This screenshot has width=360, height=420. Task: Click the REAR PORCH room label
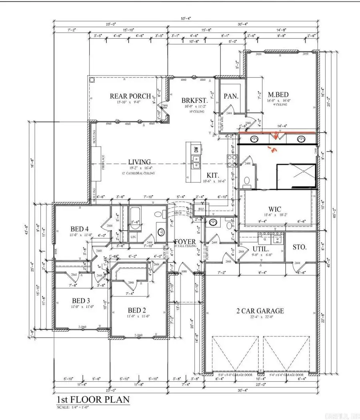click(130, 96)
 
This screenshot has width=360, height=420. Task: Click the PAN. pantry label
click(231, 96)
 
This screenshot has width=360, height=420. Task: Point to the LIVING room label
click(139, 162)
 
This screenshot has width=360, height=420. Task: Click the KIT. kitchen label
click(212, 175)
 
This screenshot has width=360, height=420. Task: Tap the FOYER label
click(185, 242)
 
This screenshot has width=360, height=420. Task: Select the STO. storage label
click(300, 247)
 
